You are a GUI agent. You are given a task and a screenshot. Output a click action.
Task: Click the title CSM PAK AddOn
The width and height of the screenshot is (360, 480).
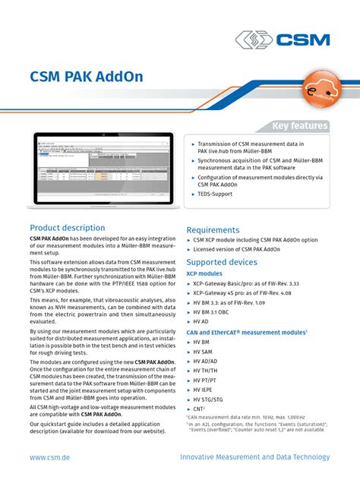pyautogui.click(x=86, y=77)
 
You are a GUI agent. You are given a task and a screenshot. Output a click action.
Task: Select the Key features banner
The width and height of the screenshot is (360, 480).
pyautogui.click(x=300, y=125)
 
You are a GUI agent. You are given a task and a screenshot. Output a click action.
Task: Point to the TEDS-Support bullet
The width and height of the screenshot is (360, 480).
pyautogui.click(x=216, y=194)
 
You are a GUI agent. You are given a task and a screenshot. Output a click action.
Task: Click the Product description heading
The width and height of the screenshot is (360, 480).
pyautogui.click(x=67, y=228)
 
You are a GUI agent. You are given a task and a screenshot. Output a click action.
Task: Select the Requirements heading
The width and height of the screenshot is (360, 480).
pyautogui.click(x=213, y=230)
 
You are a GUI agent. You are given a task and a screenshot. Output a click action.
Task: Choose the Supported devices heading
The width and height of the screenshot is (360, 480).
pyautogui.click(x=222, y=262)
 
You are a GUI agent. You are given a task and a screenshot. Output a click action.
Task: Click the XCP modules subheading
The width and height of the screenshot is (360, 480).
pyautogui.click(x=204, y=273)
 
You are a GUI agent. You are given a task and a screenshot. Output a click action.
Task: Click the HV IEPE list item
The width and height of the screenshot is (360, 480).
pyautogui.click(x=204, y=389)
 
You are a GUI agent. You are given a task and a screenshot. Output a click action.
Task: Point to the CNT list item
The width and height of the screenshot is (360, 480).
pyautogui.click(x=201, y=408)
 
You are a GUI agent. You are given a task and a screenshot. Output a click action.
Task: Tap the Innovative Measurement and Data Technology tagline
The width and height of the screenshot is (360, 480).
pyautogui.click(x=255, y=457)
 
